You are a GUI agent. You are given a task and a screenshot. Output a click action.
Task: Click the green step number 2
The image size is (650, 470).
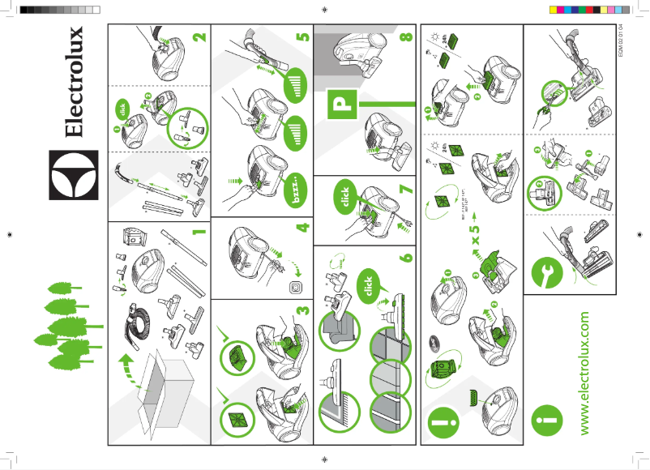(x=200, y=36)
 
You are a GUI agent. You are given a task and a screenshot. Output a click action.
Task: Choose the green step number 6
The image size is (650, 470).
(x=404, y=253)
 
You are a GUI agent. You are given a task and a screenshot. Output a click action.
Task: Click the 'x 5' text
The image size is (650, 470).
(x=477, y=241)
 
